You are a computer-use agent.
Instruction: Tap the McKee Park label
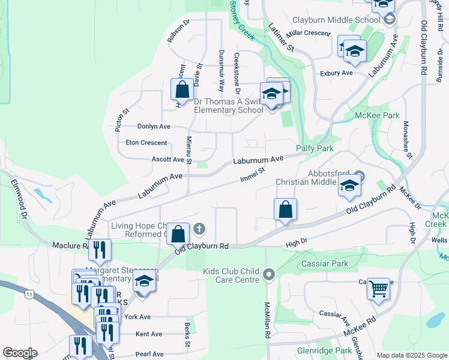[376, 115]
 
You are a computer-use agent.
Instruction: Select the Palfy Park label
[315, 148]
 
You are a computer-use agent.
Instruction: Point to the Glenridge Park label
[324, 350]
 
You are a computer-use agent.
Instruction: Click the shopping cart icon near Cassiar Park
[378, 290]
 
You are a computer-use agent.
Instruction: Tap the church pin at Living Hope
[200, 228]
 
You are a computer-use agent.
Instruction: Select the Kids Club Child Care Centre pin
[269, 275]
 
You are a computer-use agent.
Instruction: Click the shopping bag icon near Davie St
[182, 91]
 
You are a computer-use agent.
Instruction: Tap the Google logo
[20, 353]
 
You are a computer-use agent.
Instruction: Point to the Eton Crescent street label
[146, 143]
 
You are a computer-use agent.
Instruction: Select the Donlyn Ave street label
[154, 127]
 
